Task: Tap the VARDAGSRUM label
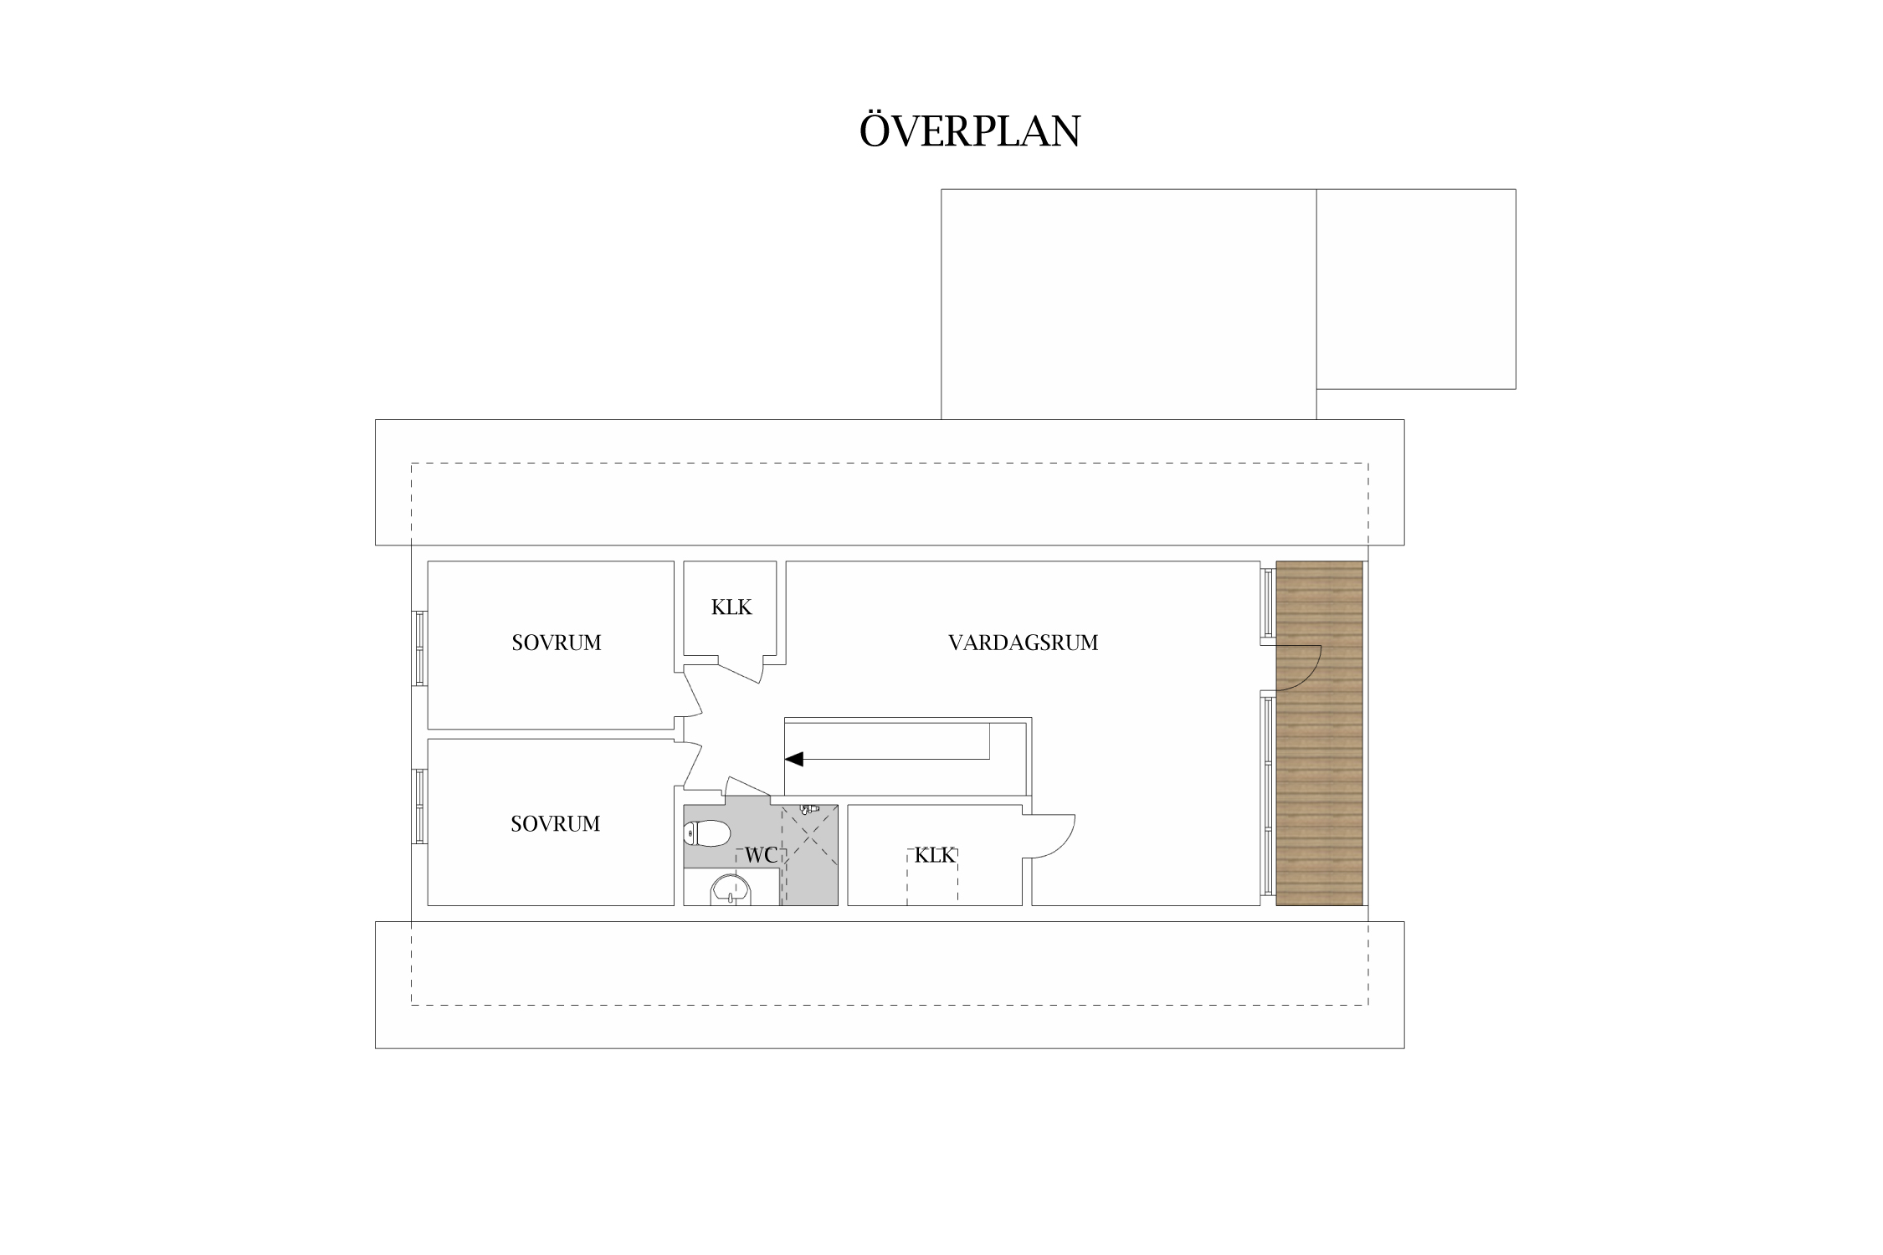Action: [1023, 643]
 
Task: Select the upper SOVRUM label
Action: [557, 643]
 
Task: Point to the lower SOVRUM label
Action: [556, 824]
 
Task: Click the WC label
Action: [761, 856]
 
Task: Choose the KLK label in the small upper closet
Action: [731, 607]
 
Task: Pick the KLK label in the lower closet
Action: [935, 855]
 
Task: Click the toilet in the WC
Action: [707, 833]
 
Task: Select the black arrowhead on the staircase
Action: [793, 759]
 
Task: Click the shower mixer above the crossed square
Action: [808, 809]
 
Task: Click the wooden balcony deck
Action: [1320, 733]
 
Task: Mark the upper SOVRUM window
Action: [419, 648]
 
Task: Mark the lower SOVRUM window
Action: [419, 806]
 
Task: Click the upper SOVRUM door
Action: [693, 694]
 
